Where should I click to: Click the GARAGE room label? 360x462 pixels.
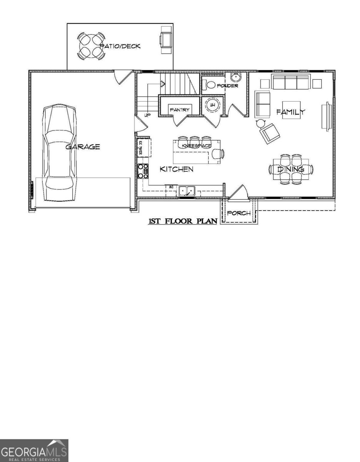pyautogui.click(x=82, y=147)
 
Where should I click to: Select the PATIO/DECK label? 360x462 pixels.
pyautogui.click(x=120, y=46)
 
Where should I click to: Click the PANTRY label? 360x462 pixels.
pyautogui.click(x=180, y=110)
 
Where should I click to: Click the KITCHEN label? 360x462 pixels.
pyautogui.click(x=177, y=169)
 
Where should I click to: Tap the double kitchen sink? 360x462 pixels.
pyautogui.click(x=187, y=190)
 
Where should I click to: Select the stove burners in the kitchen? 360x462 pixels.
pyautogui.click(x=143, y=171)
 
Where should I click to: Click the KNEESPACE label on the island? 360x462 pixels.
pyautogui.click(x=196, y=146)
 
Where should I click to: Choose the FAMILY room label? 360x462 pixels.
pyautogui.click(x=290, y=112)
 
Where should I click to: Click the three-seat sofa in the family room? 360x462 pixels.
pyautogui.click(x=291, y=82)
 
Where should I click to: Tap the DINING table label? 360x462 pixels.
pyautogui.click(x=291, y=169)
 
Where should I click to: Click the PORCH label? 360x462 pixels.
pyautogui.click(x=238, y=213)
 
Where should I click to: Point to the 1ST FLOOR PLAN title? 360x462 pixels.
pyautogui.click(x=183, y=221)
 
